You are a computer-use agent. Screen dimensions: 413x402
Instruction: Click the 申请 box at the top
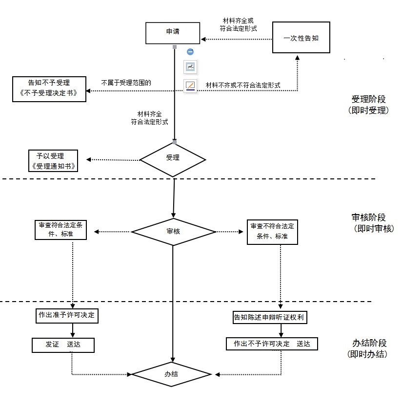173,33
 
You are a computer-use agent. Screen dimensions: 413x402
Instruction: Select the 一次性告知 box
301,38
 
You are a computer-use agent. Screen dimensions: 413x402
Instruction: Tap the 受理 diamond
173,158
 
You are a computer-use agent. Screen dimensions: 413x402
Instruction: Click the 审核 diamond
173,231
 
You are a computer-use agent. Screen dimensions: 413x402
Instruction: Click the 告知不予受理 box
49,88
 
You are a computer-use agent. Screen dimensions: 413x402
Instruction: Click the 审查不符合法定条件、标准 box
272,231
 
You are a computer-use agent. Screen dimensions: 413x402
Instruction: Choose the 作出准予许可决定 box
67,316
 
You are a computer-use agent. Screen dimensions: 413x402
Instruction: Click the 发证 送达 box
63,345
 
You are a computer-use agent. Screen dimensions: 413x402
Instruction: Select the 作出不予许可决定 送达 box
272,344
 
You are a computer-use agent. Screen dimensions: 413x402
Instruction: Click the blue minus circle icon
190,52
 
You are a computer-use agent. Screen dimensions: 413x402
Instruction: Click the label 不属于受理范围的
126,83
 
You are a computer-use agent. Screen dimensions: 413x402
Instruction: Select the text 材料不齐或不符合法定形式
243,85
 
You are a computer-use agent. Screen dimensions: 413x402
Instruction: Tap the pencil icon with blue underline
190,86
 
